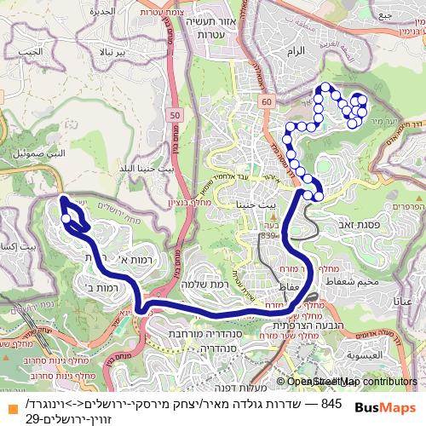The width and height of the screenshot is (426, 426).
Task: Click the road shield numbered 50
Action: click(x=175, y=114)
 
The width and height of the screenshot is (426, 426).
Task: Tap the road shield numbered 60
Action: click(x=268, y=101)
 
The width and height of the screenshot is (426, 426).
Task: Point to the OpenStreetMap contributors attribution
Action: click(x=347, y=382)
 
